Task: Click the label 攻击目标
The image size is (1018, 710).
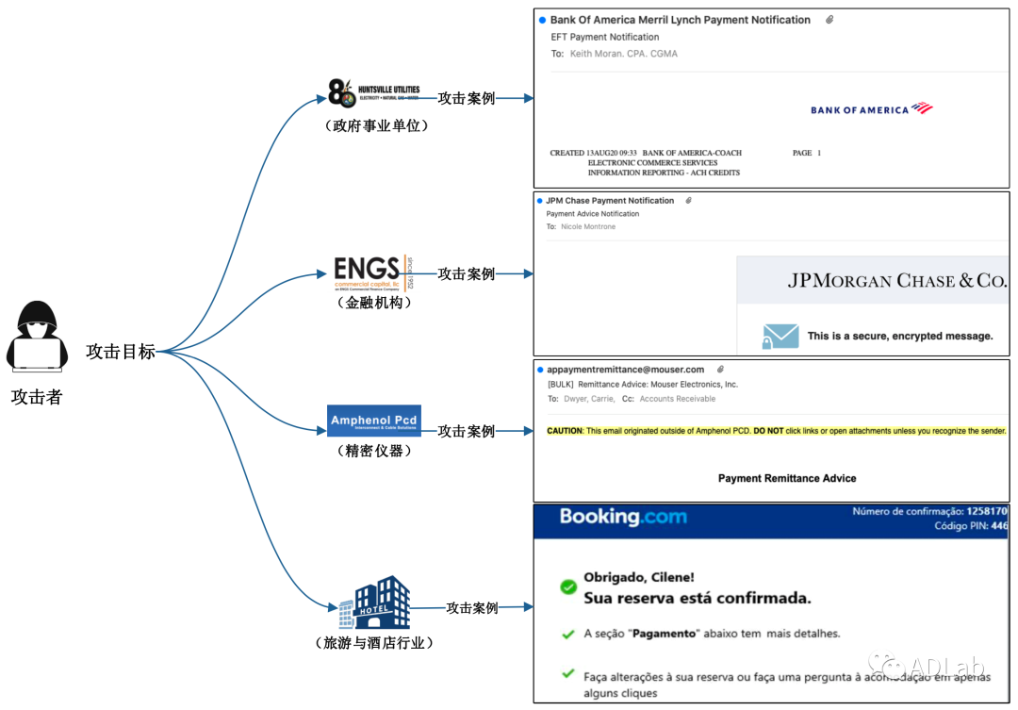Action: (121, 352)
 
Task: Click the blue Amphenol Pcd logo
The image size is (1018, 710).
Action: (374, 420)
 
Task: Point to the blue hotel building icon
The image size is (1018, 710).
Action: (375, 603)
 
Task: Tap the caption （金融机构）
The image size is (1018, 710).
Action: (373, 303)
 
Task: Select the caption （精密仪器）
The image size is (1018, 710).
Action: (373, 450)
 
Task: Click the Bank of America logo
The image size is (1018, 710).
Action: (871, 109)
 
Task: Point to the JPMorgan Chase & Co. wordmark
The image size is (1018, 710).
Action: (896, 281)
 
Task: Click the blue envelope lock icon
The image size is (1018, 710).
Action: (780, 337)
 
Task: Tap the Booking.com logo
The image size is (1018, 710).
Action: (623, 517)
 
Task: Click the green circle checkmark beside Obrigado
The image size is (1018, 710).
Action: (568, 587)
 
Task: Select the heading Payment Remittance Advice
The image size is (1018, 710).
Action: (787, 478)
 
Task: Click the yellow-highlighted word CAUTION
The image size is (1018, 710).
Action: (565, 431)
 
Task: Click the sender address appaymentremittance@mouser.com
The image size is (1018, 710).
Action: (626, 370)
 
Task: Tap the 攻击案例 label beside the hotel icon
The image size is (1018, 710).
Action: (472, 608)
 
